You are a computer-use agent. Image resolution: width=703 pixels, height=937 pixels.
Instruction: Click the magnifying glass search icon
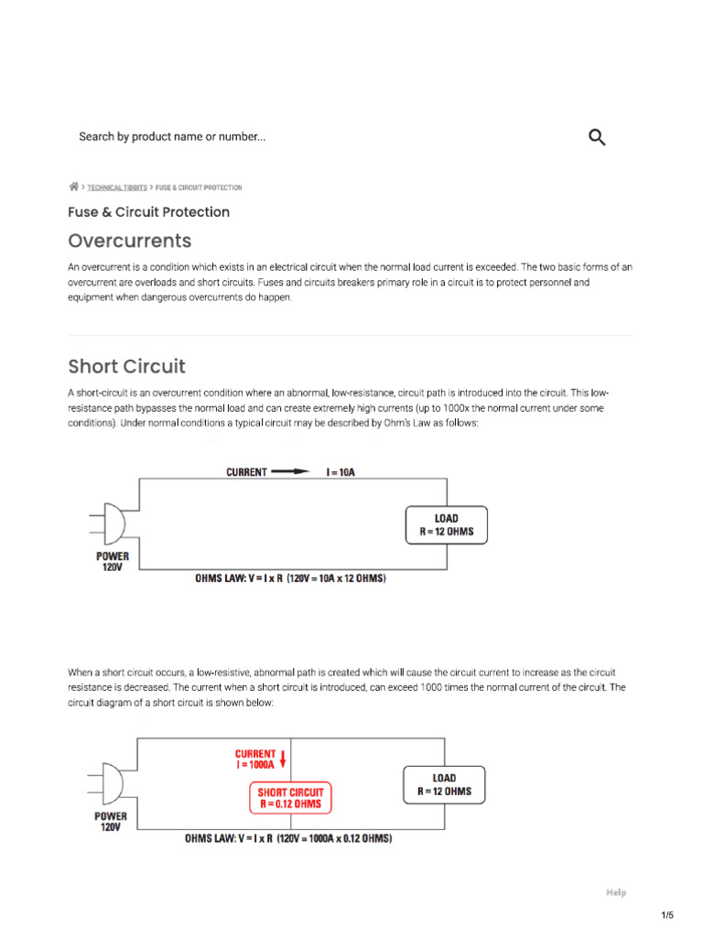coord(597,137)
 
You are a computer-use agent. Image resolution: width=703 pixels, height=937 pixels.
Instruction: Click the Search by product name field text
coord(172,137)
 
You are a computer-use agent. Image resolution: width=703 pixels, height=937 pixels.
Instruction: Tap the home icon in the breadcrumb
coord(73,187)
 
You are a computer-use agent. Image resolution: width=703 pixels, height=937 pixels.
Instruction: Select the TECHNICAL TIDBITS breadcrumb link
coord(117,188)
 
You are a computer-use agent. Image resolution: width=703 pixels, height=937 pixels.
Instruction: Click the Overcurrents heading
coord(130,241)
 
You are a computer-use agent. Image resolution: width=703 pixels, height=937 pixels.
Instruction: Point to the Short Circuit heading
coord(126,366)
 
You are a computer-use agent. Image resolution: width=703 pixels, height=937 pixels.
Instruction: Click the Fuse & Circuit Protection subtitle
coord(148,212)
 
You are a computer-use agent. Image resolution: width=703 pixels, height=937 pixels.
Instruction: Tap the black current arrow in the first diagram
coord(291,472)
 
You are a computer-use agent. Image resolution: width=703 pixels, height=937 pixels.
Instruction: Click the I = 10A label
coord(341,472)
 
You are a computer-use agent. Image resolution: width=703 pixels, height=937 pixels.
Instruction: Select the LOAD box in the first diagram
coord(447,525)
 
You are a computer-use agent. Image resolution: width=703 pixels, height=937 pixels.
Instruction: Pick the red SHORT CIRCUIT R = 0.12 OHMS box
coord(290,798)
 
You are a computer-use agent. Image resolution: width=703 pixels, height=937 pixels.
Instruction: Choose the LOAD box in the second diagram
coord(444,785)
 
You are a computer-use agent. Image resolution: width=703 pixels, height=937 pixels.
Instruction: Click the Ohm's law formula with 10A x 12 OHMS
coord(290,579)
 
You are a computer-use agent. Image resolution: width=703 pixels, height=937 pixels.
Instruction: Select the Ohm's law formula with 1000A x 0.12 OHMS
coord(288,838)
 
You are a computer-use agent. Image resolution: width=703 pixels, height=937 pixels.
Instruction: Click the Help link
coord(616,892)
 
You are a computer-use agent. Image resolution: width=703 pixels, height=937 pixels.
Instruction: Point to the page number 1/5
coord(666,915)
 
